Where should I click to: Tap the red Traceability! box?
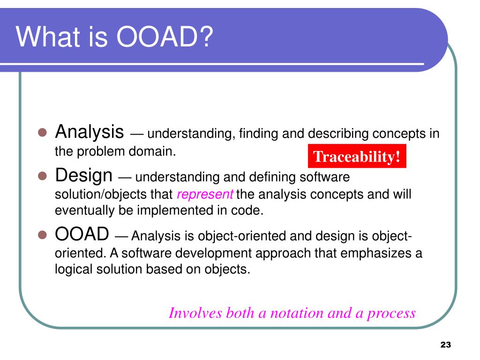(357, 157)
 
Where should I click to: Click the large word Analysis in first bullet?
(90, 132)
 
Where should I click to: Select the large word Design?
(84, 176)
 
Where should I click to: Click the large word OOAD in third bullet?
(82, 233)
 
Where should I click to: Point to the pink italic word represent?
(205, 194)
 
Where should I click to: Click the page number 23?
(445, 345)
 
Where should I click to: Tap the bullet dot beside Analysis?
(42, 133)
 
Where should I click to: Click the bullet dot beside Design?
(42, 177)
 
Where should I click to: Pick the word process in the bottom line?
(391, 313)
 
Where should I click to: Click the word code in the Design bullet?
(252, 210)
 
